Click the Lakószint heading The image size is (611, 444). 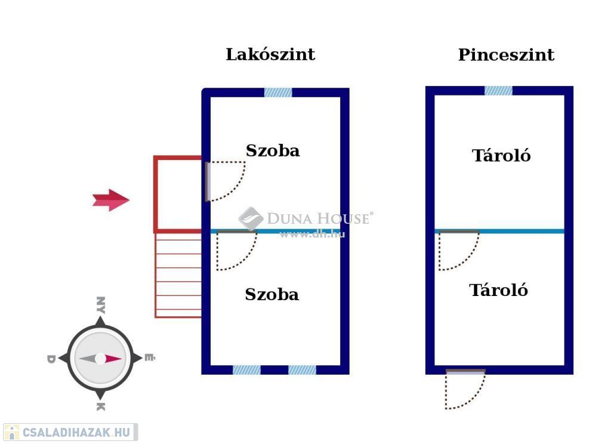click(270, 55)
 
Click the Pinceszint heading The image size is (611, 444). click(506, 55)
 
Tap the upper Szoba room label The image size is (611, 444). click(273, 151)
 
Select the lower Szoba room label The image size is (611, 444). click(271, 295)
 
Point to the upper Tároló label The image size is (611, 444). click(501, 156)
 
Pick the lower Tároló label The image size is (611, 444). click(498, 291)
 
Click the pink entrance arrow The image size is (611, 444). click(111, 200)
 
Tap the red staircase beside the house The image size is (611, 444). click(178, 275)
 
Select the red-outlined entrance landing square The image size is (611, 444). click(178, 194)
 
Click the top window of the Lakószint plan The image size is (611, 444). click(278, 92)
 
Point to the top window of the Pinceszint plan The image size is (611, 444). click(498, 91)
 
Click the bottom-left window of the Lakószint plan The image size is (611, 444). click(246, 370)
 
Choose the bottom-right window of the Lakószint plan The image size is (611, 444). click(302, 370)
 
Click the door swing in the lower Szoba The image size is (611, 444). click(236, 251)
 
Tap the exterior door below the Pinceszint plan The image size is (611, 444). click(465, 389)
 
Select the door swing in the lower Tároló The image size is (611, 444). click(458, 251)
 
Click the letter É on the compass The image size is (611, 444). click(149, 359)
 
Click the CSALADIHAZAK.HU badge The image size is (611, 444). click(70, 432)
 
